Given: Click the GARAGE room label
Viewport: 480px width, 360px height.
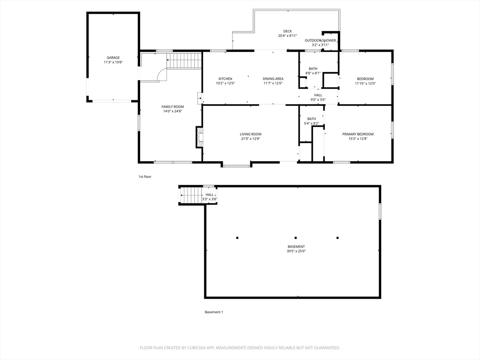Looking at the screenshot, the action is (113, 58).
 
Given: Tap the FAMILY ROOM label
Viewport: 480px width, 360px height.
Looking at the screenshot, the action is (172, 107).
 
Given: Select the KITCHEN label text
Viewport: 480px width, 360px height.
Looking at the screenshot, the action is (225, 79).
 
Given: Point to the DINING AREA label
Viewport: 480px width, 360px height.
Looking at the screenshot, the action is (273, 79).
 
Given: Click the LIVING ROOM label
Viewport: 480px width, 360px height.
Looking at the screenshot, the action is (250, 134).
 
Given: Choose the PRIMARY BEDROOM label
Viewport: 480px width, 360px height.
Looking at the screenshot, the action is (358, 134).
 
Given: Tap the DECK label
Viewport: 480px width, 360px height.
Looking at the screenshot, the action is (287, 31).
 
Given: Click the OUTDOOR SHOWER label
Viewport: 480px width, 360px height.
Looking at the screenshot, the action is (320, 40).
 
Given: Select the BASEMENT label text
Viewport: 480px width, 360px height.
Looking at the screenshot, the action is (296, 247).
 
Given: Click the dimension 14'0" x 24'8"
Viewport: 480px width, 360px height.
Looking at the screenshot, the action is (172, 112).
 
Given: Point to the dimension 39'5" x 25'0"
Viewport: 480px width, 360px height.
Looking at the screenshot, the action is (296, 251).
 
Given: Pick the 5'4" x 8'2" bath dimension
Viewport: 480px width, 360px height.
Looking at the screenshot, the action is (311, 123).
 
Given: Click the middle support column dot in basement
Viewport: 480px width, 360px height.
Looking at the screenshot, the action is (295, 238).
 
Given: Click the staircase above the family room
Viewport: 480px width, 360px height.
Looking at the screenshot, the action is (184, 60).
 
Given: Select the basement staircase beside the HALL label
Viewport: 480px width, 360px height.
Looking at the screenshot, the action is (192, 195).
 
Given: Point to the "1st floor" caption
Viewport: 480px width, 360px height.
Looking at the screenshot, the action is (145, 177).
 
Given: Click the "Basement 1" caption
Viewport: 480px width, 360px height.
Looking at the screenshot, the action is (214, 312).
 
